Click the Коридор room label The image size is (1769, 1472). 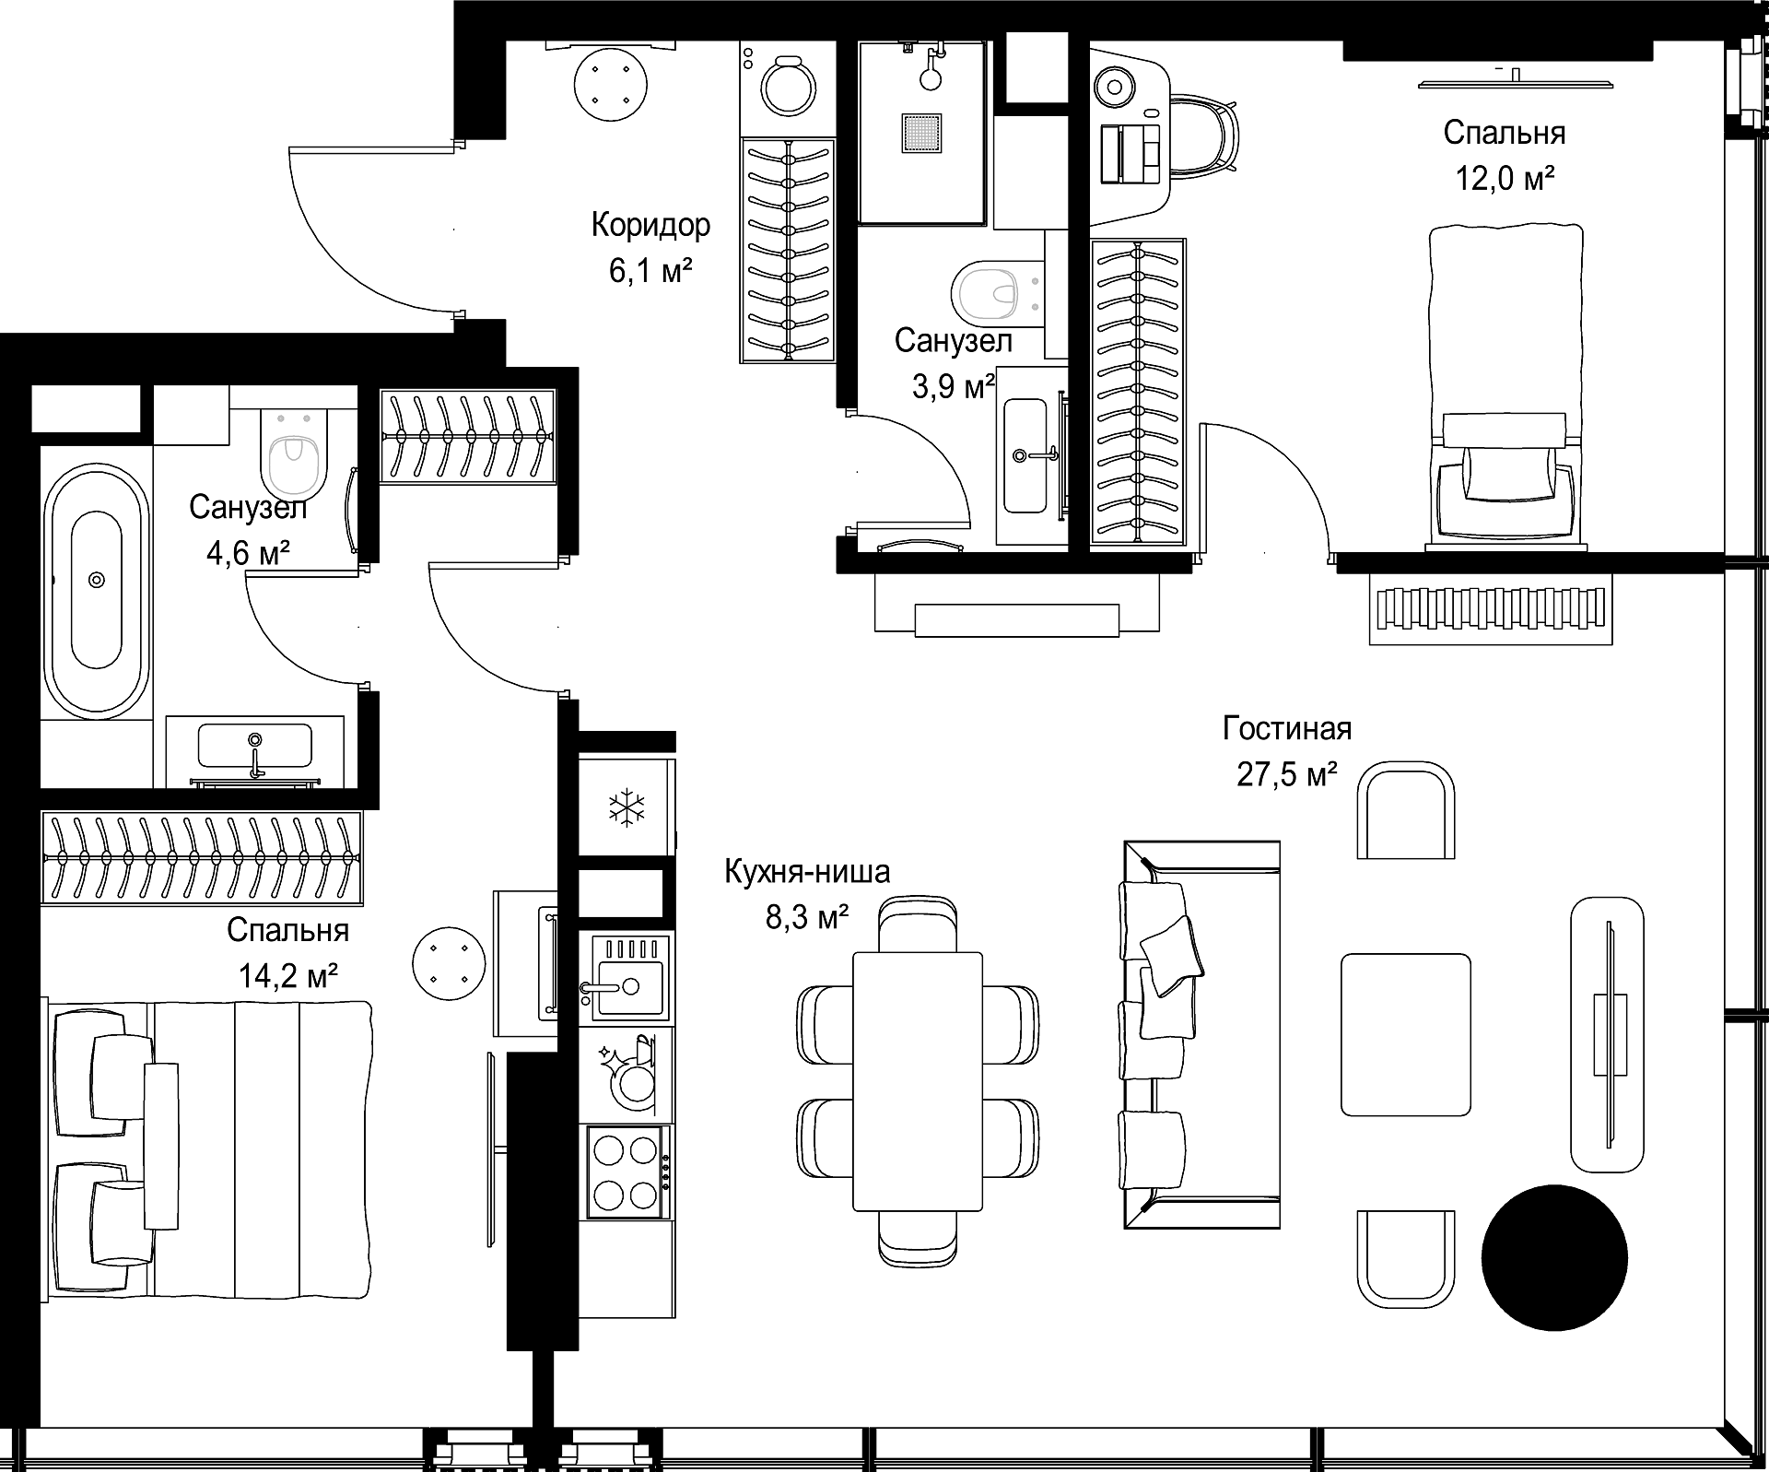[650, 226]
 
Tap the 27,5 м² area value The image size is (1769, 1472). [1286, 774]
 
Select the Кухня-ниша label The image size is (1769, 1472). [807, 872]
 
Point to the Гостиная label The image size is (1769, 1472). [1287, 728]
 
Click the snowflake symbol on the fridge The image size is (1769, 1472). [626, 807]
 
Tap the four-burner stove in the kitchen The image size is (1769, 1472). [626, 1172]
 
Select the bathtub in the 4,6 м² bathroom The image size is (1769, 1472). [97, 591]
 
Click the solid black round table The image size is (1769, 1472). [1554, 1257]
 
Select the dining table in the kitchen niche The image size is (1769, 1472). [918, 1080]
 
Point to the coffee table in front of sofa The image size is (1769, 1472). [1405, 1034]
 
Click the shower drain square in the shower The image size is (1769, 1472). [922, 132]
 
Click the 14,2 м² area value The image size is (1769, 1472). [287, 975]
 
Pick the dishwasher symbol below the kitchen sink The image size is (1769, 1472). [627, 1074]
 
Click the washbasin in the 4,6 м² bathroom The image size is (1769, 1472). [255, 745]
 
